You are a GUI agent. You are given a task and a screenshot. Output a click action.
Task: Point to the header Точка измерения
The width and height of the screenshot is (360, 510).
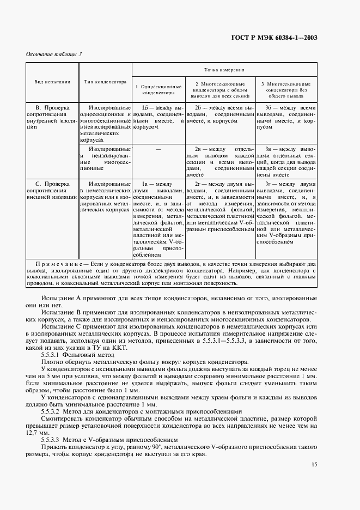(x=224, y=70)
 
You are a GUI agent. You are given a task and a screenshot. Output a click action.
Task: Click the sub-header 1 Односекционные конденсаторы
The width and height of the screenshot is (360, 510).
(x=158, y=89)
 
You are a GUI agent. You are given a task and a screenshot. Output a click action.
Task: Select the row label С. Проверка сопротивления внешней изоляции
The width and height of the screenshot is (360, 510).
(x=52, y=192)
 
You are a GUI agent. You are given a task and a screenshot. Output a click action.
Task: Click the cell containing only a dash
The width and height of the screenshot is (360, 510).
(x=158, y=149)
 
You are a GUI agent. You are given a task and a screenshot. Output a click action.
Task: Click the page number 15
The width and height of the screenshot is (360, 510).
(x=314, y=464)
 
